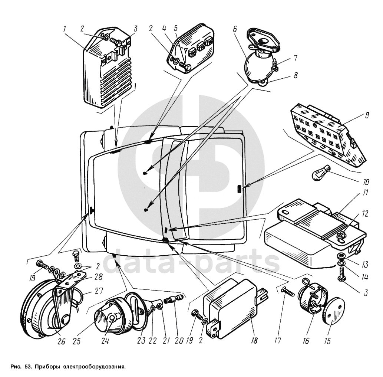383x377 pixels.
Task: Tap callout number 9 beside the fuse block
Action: tap(367, 115)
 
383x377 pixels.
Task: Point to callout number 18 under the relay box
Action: tap(255, 340)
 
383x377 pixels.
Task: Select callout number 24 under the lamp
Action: tap(105, 340)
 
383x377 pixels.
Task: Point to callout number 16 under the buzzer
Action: tap(306, 340)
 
